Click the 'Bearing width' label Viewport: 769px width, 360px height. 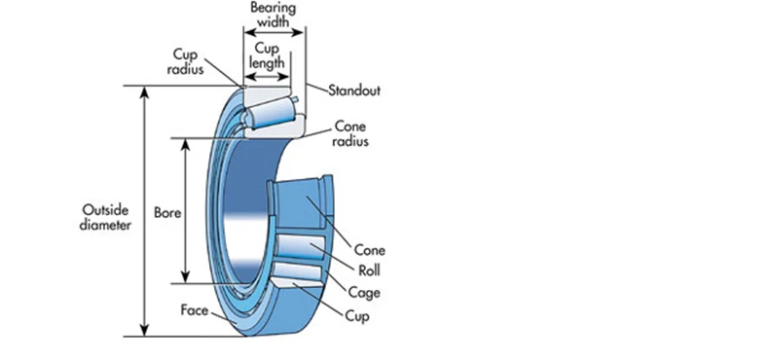(274, 15)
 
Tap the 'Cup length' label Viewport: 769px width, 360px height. (267, 55)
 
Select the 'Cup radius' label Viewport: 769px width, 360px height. (185, 62)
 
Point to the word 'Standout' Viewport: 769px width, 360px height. (354, 90)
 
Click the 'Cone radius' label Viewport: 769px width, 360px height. (350, 134)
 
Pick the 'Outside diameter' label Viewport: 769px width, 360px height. (105, 218)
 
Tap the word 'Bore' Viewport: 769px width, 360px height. (167, 213)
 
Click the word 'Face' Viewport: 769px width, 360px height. (195, 310)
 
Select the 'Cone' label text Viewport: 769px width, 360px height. (369, 250)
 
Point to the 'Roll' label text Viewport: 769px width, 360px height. (369, 270)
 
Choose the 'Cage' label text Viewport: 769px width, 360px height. (364, 293)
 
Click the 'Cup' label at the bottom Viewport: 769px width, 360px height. (357, 316)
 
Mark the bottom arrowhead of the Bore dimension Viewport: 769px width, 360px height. (185, 277)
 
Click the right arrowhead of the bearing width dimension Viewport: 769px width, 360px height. (299, 33)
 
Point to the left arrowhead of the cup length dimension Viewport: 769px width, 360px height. (250, 77)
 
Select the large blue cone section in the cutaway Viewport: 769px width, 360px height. (299, 202)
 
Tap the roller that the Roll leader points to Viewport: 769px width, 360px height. (300, 247)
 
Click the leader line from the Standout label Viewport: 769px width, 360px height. (316, 88)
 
